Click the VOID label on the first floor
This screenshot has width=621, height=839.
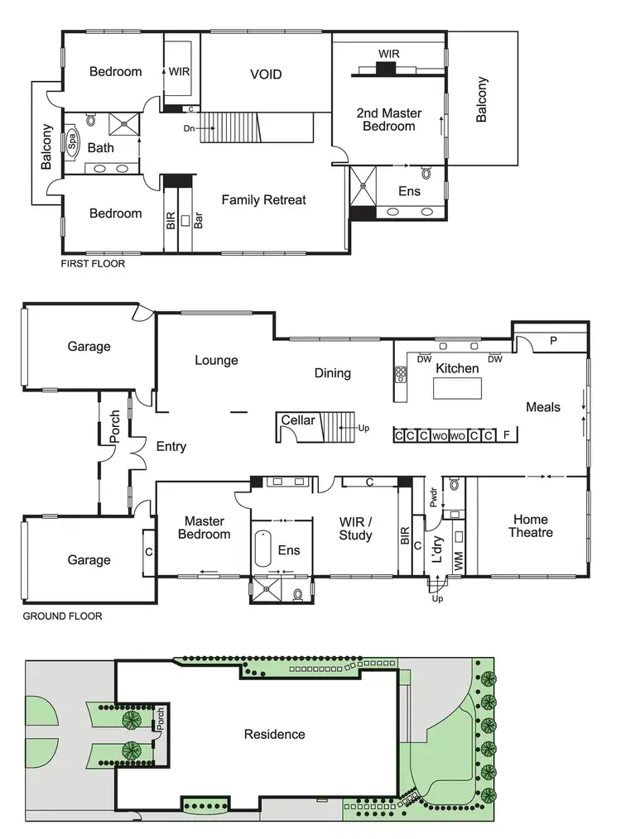[266, 74]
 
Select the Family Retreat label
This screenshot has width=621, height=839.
[263, 199]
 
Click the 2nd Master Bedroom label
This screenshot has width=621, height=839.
[388, 119]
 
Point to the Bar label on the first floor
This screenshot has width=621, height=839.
[199, 221]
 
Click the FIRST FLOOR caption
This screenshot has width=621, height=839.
[93, 264]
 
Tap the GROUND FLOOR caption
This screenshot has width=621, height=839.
[62, 616]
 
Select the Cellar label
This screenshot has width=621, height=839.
[297, 420]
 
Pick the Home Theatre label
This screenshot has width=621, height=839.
[530, 526]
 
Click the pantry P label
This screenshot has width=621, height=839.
[553, 341]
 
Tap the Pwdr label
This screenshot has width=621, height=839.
[433, 496]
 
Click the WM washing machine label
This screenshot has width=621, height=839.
[458, 561]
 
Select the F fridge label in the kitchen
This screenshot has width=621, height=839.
[507, 434]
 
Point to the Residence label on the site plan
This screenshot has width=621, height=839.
[274, 734]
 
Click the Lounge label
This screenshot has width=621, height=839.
[216, 360]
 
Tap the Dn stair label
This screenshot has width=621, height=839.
[190, 128]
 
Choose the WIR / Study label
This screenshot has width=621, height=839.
[355, 529]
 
